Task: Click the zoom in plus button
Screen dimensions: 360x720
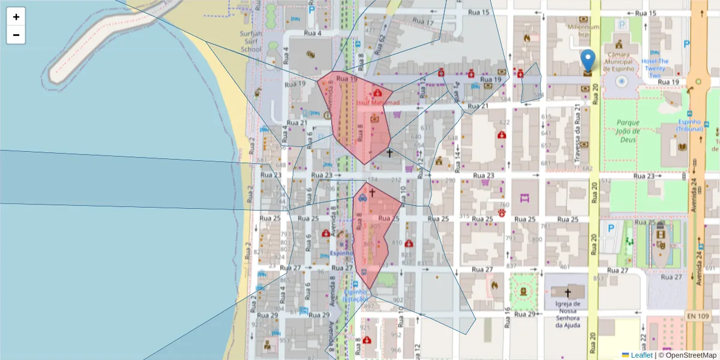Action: pyautogui.click(x=16, y=17)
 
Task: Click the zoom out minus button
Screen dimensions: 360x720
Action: pyautogui.click(x=16, y=35)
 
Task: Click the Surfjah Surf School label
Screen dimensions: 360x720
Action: pyautogui.click(x=251, y=41)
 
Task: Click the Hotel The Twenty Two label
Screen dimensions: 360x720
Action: pyautogui.click(x=655, y=68)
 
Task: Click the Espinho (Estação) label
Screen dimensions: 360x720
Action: pyautogui.click(x=354, y=295)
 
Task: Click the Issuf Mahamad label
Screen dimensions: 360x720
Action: pyautogui.click(x=378, y=103)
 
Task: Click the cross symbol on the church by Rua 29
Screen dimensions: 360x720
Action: pyautogui.click(x=568, y=292)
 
